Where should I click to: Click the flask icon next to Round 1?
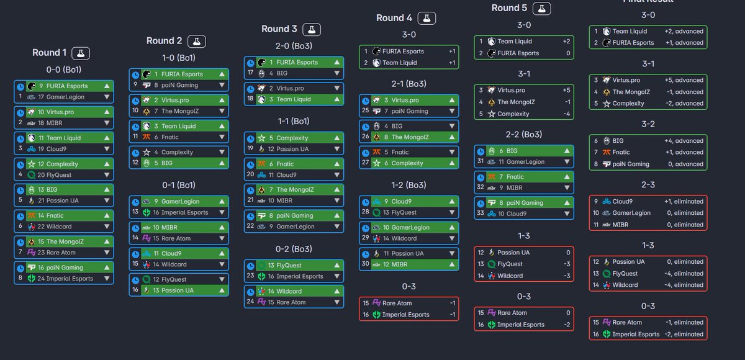(81, 53)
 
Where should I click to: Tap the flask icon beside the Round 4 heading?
(426, 18)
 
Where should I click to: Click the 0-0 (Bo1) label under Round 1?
(64, 70)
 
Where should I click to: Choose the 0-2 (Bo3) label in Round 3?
(294, 249)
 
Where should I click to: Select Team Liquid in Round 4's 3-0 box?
(399, 63)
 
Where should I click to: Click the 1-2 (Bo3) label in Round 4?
(409, 186)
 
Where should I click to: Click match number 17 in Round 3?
(250, 73)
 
